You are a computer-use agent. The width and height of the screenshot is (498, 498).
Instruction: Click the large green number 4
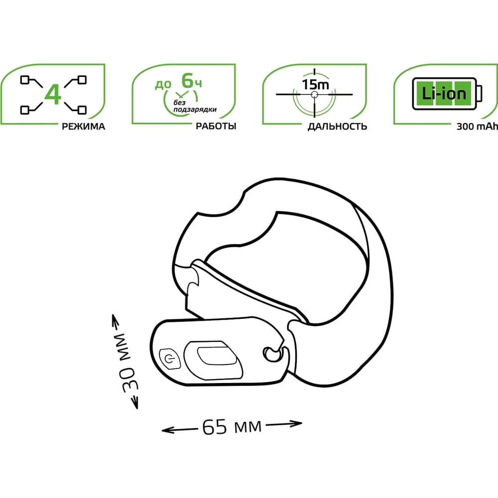click(53, 95)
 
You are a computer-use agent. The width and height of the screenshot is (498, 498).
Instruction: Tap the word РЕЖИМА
click(83, 126)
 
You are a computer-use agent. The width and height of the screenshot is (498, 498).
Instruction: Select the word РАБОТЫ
click(216, 126)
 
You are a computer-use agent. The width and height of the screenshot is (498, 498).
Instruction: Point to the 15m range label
click(315, 85)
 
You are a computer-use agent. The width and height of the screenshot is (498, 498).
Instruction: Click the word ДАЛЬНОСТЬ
click(337, 126)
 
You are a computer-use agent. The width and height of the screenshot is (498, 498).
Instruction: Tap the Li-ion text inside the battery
click(444, 94)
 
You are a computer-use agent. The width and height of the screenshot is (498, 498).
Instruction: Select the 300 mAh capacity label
click(477, 126)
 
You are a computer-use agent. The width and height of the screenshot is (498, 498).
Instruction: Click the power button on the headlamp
click(170, 359)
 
